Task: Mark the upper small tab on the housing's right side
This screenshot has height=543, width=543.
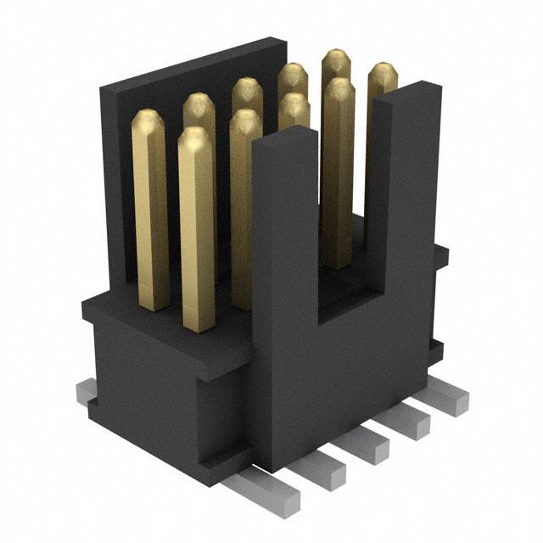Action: [x=440, y=252]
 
